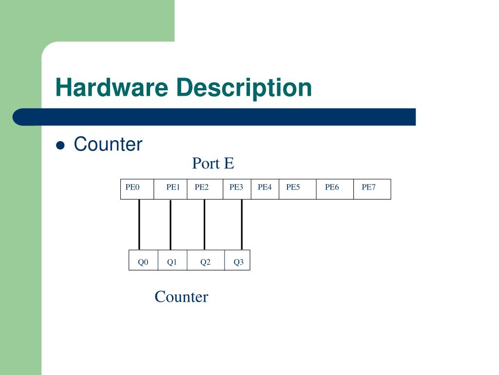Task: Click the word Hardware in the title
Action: coord(112,88)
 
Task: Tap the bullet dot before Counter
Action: coord(61,145)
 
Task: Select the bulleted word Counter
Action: coord(108,145)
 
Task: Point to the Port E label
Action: coord(213,163)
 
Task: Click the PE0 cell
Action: coord(137,189)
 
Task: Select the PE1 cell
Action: coord(171,189)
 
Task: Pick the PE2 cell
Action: coord(205,189)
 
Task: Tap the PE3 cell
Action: coord(237,189)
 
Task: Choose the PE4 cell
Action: coord(265,189)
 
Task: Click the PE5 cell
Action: coord(298,189)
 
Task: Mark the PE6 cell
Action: coord(335,189)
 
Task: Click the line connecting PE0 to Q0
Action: coord(139,225)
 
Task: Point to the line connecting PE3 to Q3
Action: coord(242,225)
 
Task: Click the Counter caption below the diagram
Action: coord(181,297)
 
